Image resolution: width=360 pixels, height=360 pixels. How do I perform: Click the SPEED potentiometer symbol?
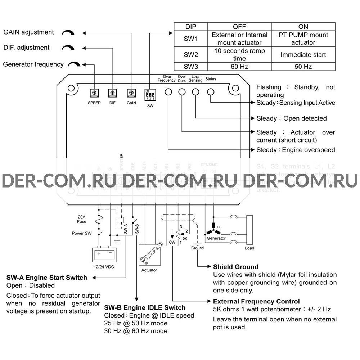point(94,93)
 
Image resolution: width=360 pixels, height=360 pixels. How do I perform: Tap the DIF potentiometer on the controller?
point(112,93)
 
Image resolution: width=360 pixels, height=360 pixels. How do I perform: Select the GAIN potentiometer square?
point(131,93)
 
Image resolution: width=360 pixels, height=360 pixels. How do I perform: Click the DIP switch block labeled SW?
point(150,95)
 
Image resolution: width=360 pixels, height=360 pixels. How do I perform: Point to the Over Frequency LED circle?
point(168,92)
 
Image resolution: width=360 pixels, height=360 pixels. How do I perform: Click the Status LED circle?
point(210,92)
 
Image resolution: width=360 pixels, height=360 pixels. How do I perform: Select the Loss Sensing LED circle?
point(196,92)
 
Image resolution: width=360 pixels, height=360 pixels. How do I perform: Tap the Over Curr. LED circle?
point(182,92)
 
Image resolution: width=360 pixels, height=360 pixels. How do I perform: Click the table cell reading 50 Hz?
point(303,67)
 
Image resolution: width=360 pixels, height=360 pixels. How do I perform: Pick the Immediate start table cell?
point(303,55)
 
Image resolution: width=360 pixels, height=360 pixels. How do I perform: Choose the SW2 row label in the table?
point(191,55)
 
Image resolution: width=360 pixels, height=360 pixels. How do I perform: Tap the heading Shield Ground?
point(236,267)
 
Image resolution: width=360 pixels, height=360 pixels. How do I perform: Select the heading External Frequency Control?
point(256,301)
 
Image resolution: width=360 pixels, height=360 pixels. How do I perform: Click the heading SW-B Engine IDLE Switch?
point(145,307)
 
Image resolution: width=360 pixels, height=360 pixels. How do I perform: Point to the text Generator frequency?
point(33,64)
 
